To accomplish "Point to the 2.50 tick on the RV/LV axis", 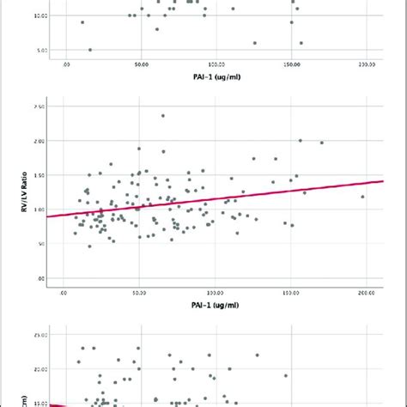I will point(40,106).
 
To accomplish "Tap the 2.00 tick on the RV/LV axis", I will point(40,140).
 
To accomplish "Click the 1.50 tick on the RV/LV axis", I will point(40,174).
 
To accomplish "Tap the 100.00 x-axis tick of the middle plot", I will point(216,293).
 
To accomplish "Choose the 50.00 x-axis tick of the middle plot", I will point(141,293).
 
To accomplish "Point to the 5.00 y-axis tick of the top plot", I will point(40,50).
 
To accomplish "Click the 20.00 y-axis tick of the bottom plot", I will point(40,368).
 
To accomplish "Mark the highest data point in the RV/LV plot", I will point(162,116).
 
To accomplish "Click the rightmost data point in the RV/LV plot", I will point(362,197).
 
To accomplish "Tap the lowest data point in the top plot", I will point(90,50).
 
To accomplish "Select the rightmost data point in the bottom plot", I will point(286,375).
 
